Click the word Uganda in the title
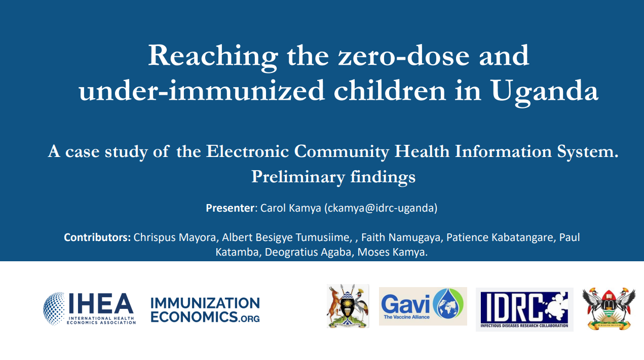[544, 91]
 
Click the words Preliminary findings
[333, 177]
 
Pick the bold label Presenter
[230, 208]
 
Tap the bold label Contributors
[97, 237]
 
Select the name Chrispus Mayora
[174, 237]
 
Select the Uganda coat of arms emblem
[348, 306]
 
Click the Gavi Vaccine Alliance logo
[423, 306]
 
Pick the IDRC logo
[524, 309]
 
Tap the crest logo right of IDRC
[609, 308]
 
